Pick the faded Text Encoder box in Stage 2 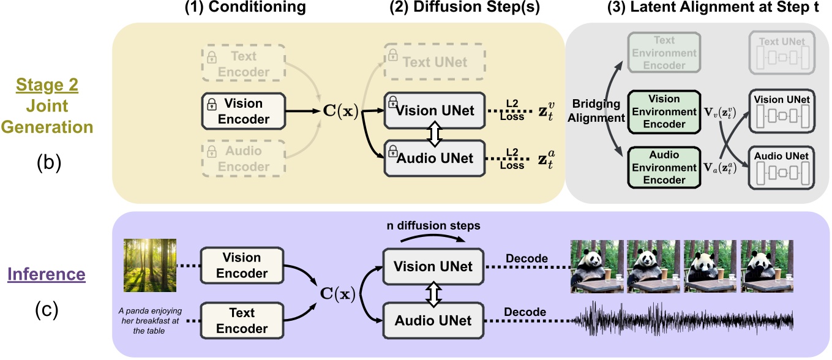(243, 63)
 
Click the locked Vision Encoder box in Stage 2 (243, 112)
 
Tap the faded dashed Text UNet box (434, 61)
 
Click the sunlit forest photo (150, 265)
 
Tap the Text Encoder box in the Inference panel (243, 320)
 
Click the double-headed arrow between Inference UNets (434, 294)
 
